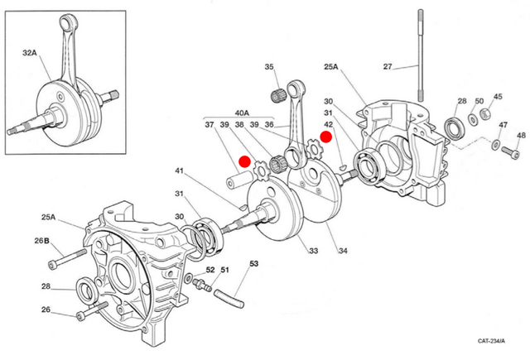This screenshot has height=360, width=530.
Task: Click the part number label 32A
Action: pos(30,52)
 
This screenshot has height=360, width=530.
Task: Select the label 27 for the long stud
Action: pos(387,66)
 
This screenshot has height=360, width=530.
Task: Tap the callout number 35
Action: pos(269,67)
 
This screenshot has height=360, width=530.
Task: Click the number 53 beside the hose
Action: pos(253,264)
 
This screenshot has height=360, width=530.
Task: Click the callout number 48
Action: pos(520,136)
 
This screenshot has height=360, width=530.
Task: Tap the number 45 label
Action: pos(498,97)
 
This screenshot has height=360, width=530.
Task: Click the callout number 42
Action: pos(328,125)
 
